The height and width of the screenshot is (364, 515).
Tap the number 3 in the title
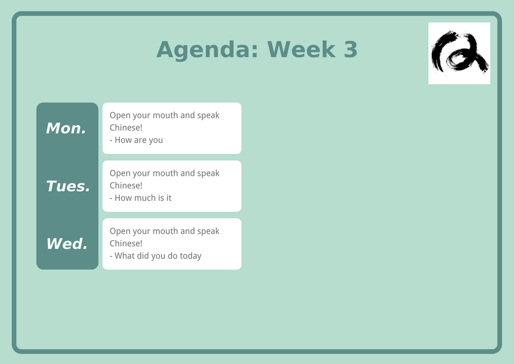pyautogui.click(x=351, y=49)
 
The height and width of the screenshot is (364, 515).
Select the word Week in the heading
pyautogui.click(x=301, y=49)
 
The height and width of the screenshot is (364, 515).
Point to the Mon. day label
pyautogui.click(x=66, y=128)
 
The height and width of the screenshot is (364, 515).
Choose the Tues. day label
pyautogui.click(x=68, y=186)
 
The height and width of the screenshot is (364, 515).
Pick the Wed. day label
pyautogui.click(x=67, y=244)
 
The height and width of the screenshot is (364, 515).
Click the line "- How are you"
pyautogui.click(x=136, y=140)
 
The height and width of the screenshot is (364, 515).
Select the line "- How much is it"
pyautogui.click(x=141, y=198)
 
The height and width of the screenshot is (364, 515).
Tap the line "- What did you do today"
pyautogui.click(x=156, y=256)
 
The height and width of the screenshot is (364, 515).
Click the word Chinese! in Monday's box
pyautogui.click(x=126, y=128)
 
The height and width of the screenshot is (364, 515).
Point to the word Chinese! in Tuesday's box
pyautogui.click(x=126, y=186)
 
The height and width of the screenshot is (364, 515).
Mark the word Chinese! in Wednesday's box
pyautogui.click(x=126, y=243)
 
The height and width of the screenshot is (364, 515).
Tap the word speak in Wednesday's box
pyautogui.click(x=208, y=231)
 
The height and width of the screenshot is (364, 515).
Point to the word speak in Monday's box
pyautogui.click(x=208, y=116)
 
